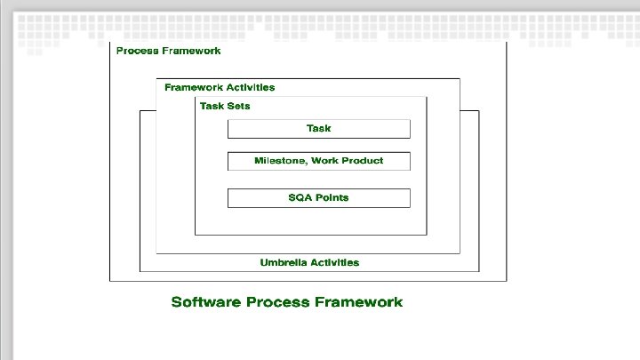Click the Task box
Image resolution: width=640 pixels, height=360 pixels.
318,129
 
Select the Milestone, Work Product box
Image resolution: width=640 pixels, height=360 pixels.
318,161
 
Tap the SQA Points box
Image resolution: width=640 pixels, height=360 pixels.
318,197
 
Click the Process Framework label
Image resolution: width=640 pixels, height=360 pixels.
169,51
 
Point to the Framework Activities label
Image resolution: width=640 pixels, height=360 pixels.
220,87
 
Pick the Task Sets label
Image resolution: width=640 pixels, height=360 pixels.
225,106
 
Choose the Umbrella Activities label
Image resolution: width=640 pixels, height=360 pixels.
309,262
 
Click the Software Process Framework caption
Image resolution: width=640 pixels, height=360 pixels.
286,302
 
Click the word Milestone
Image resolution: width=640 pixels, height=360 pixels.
276,161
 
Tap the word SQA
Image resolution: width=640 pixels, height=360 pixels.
300,197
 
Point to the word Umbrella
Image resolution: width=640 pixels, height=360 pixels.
283,262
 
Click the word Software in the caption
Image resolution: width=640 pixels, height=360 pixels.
204,302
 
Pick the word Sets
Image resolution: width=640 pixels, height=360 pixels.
239,106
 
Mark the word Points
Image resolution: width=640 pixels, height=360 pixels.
332,197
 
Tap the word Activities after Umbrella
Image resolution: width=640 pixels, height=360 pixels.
334,262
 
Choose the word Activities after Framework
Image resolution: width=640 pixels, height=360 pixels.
250,87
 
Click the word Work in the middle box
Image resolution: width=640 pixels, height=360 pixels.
324,161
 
